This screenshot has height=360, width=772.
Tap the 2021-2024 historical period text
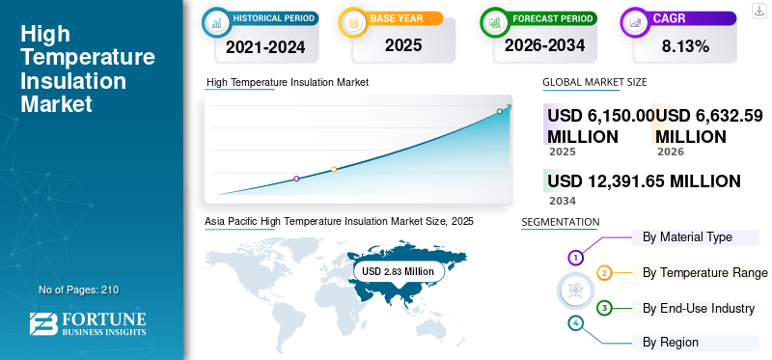pos(266,46)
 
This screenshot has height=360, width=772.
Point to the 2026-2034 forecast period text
pos(542,46)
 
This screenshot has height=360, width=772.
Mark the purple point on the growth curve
pos(296,179)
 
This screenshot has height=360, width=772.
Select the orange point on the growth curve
pos(334,170)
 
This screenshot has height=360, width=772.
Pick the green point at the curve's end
pos(499,112)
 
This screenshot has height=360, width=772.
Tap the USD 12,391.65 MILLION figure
pos(644,181)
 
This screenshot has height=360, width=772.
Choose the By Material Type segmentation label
pos(687,237)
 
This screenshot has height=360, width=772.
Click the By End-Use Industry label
pos(698,309)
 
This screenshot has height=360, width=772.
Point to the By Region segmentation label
pos(671,343)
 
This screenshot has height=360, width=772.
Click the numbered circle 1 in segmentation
pos(575,258)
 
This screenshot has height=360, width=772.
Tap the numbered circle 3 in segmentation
pos(604,309)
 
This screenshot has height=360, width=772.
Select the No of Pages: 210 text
pos(79,290)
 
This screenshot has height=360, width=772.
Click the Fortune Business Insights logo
pos(88,324)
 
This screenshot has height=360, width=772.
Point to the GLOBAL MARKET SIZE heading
pos(594,83)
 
